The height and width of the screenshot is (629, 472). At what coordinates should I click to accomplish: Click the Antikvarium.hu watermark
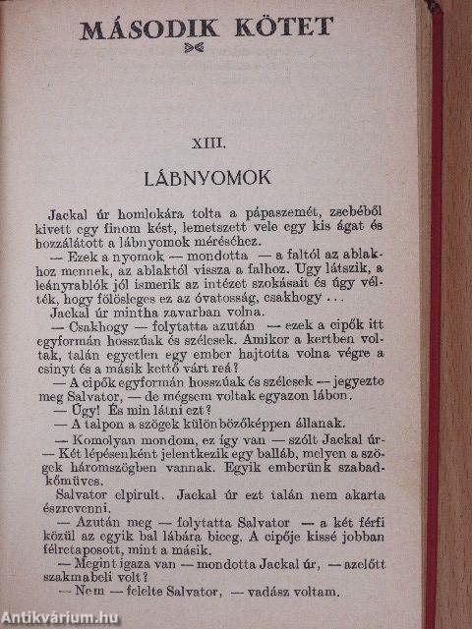[61, 617]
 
